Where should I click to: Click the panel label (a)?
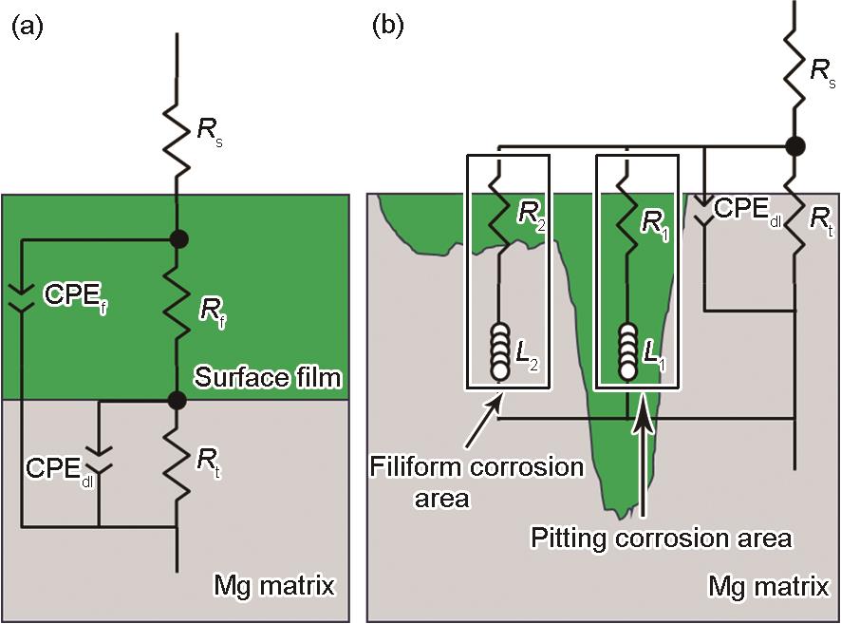(x=27, y=26)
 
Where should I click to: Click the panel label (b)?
(x=389, y=26)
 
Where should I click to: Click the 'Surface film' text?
(x=267, y=378)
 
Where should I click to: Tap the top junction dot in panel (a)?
(x=178, y=239)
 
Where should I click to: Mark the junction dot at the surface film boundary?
(x=178, y=401)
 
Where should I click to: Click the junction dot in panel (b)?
(x=794, y=146)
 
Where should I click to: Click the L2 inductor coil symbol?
(x=500, y=350)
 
